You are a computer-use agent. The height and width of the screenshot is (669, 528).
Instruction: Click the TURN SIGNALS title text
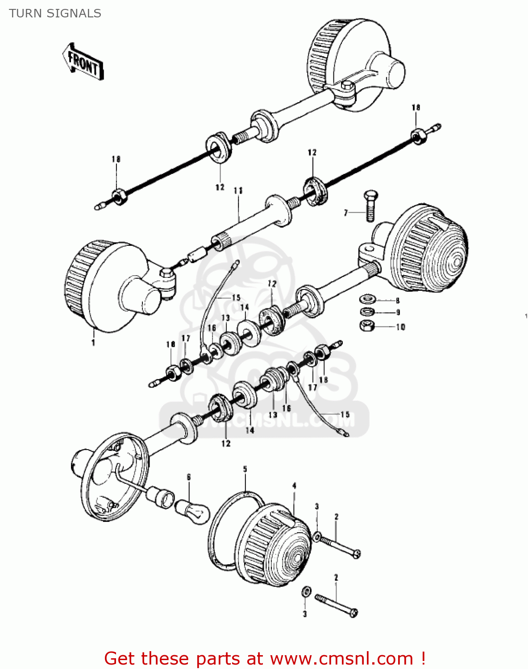[55, 13]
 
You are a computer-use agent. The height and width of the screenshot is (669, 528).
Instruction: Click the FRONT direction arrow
[83, 62]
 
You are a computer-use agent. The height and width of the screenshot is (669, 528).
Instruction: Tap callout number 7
[345, 213]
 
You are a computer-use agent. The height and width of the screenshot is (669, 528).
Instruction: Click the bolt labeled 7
[370, 206]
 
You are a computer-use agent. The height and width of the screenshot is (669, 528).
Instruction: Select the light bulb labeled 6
[191, 510]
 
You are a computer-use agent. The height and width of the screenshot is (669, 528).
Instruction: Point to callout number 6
[189, 477]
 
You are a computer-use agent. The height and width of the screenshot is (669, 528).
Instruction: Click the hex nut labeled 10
[366, 326]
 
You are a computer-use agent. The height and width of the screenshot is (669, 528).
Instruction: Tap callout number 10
[400, 327]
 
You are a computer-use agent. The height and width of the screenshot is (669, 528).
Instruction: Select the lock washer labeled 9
[367, 311]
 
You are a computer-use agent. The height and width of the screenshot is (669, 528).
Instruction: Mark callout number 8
[398, 301]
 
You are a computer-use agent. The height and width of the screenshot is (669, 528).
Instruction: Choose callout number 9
[398, 312]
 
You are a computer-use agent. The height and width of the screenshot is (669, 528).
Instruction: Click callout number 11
[238, 190]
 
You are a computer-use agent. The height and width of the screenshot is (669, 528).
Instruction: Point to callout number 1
[93, 343]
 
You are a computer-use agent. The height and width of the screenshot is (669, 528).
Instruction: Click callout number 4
[294, 486]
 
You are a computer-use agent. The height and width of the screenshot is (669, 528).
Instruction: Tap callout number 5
[245, 469]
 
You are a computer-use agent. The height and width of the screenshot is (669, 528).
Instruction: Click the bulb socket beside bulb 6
[161, 497]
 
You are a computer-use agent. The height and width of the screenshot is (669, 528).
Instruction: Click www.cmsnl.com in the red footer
[341, 658]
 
